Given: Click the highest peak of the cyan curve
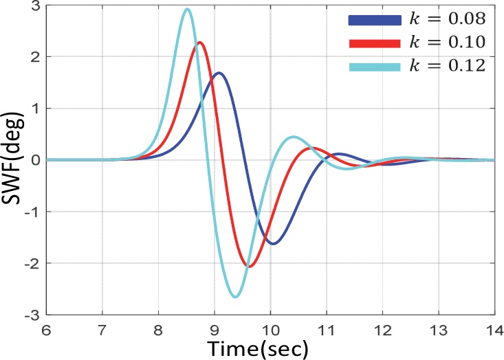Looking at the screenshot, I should tap(187, 10).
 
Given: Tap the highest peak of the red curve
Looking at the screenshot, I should tap(199, 43).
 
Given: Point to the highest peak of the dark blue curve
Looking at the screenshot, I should tap(218, 73).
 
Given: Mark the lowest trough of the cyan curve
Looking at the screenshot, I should tap(236, 296).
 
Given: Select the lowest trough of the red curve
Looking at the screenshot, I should tap(249, 266).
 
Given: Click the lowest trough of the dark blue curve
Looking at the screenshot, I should tap(274, 243).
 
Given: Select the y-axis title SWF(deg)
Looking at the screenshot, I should tap(14, 159).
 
